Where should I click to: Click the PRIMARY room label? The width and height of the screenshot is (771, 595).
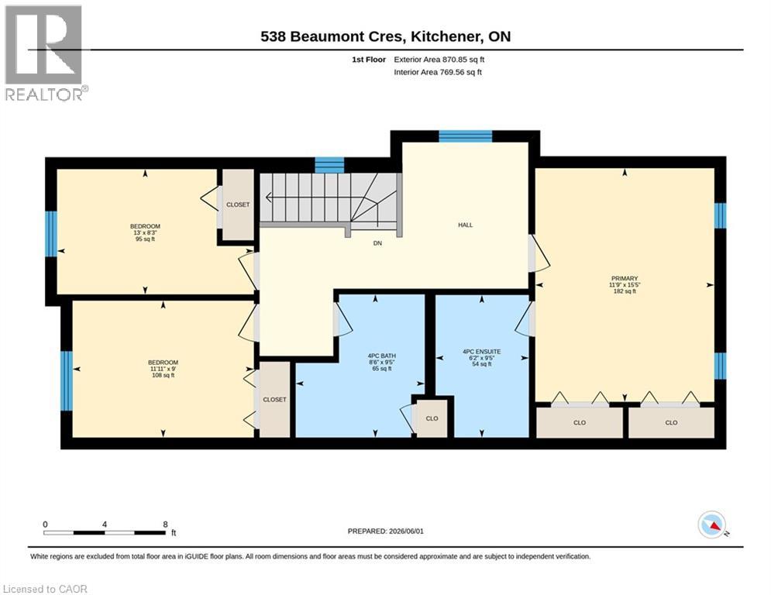(625, 278)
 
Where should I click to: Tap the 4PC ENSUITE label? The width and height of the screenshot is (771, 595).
(482, 352)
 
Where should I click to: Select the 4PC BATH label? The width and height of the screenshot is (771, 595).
(382, 356)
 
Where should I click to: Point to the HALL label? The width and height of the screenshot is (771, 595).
(465, 225)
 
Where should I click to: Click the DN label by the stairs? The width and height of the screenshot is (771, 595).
(377, 243)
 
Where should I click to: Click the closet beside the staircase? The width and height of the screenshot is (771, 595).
(238, 205)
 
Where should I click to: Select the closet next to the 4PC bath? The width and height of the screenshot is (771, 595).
(274, 399)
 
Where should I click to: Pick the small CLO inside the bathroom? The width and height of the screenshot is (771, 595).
(432, 418)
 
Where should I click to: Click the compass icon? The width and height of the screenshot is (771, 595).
(712, 524)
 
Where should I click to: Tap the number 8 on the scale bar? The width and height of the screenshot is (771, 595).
(166, 524)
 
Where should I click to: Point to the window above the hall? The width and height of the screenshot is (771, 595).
(465, 136)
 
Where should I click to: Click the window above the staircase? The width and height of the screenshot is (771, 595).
(329, 165)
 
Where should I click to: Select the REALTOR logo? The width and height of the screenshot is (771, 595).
(45, 53)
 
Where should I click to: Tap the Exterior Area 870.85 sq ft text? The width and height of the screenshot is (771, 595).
(439, 60)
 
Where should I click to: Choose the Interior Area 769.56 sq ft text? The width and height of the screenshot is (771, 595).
(438, 72)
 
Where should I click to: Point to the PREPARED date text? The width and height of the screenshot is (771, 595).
(386, 531)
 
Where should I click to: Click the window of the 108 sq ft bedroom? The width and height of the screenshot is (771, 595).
(67, 380)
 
